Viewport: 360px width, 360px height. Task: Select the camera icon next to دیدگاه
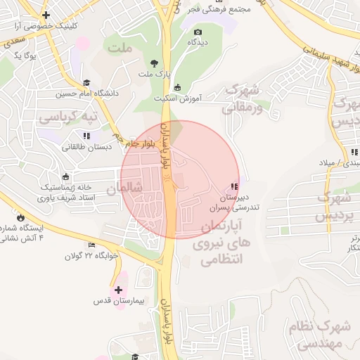[198, 32]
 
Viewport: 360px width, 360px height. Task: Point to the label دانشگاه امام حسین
[61, 93]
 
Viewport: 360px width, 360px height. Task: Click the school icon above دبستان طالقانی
[86, 136]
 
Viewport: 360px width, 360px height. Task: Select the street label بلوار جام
[140, 143]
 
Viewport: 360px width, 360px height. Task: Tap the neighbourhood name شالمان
[124, 188]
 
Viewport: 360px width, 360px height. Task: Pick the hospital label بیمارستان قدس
[118, 301]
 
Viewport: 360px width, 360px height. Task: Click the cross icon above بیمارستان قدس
[118, 290]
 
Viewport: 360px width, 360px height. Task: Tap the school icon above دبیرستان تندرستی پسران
[233, 186]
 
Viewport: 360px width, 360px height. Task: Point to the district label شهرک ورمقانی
[243, 99]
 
